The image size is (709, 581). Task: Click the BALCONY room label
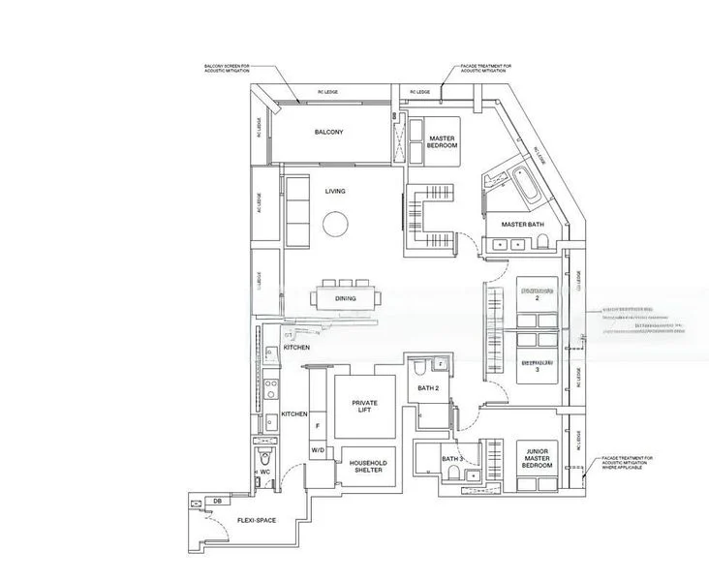[x=329, y=133]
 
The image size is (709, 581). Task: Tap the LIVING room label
[x=335, y=192]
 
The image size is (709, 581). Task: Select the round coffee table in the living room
[x=335, y=226]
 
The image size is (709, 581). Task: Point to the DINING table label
[x=346, y=299]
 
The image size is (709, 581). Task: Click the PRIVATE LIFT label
[x=365, y=406]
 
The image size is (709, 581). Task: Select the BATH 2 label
[x=428, y=388]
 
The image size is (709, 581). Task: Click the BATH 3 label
[x=452, y=459]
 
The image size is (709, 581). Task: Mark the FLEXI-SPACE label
[x=257, y=521]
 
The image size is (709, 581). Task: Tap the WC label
[x=263, y=472]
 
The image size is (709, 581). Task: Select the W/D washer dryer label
[x=318, y=451]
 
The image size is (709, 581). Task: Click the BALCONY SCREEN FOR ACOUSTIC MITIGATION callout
[x=226, y=70]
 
